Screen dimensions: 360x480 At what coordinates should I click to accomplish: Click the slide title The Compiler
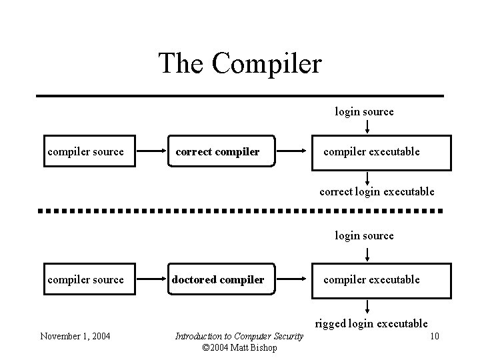click(240, 64)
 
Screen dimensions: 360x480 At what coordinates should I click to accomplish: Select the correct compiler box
click(217, 152)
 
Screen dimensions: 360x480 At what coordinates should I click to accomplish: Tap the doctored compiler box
click(217, 280)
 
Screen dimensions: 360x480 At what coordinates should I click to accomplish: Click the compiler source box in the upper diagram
click(85, 152)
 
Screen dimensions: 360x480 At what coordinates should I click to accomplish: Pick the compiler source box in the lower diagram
click(85, 280)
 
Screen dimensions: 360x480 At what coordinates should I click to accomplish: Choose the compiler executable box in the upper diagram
click(371, 152)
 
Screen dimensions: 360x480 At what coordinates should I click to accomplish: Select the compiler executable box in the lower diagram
click(371, 280)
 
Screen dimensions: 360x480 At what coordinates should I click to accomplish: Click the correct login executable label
click(377, 192)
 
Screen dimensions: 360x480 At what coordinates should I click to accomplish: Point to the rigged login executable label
click(371, 324)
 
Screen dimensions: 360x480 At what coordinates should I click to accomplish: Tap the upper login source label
click(364, 112)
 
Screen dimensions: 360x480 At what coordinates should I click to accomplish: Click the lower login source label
click(364, 235)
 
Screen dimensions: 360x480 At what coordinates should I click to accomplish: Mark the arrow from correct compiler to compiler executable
click(292, 152)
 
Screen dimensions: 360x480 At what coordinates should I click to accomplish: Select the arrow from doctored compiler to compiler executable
click(292, 280)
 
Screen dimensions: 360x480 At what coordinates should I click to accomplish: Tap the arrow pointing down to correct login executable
click(368, 178)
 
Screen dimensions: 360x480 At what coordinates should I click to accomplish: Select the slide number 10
click(434, 336)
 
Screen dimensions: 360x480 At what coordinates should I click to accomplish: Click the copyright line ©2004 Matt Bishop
click(239, 348)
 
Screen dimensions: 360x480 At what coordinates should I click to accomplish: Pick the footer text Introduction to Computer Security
click(239, 336)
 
